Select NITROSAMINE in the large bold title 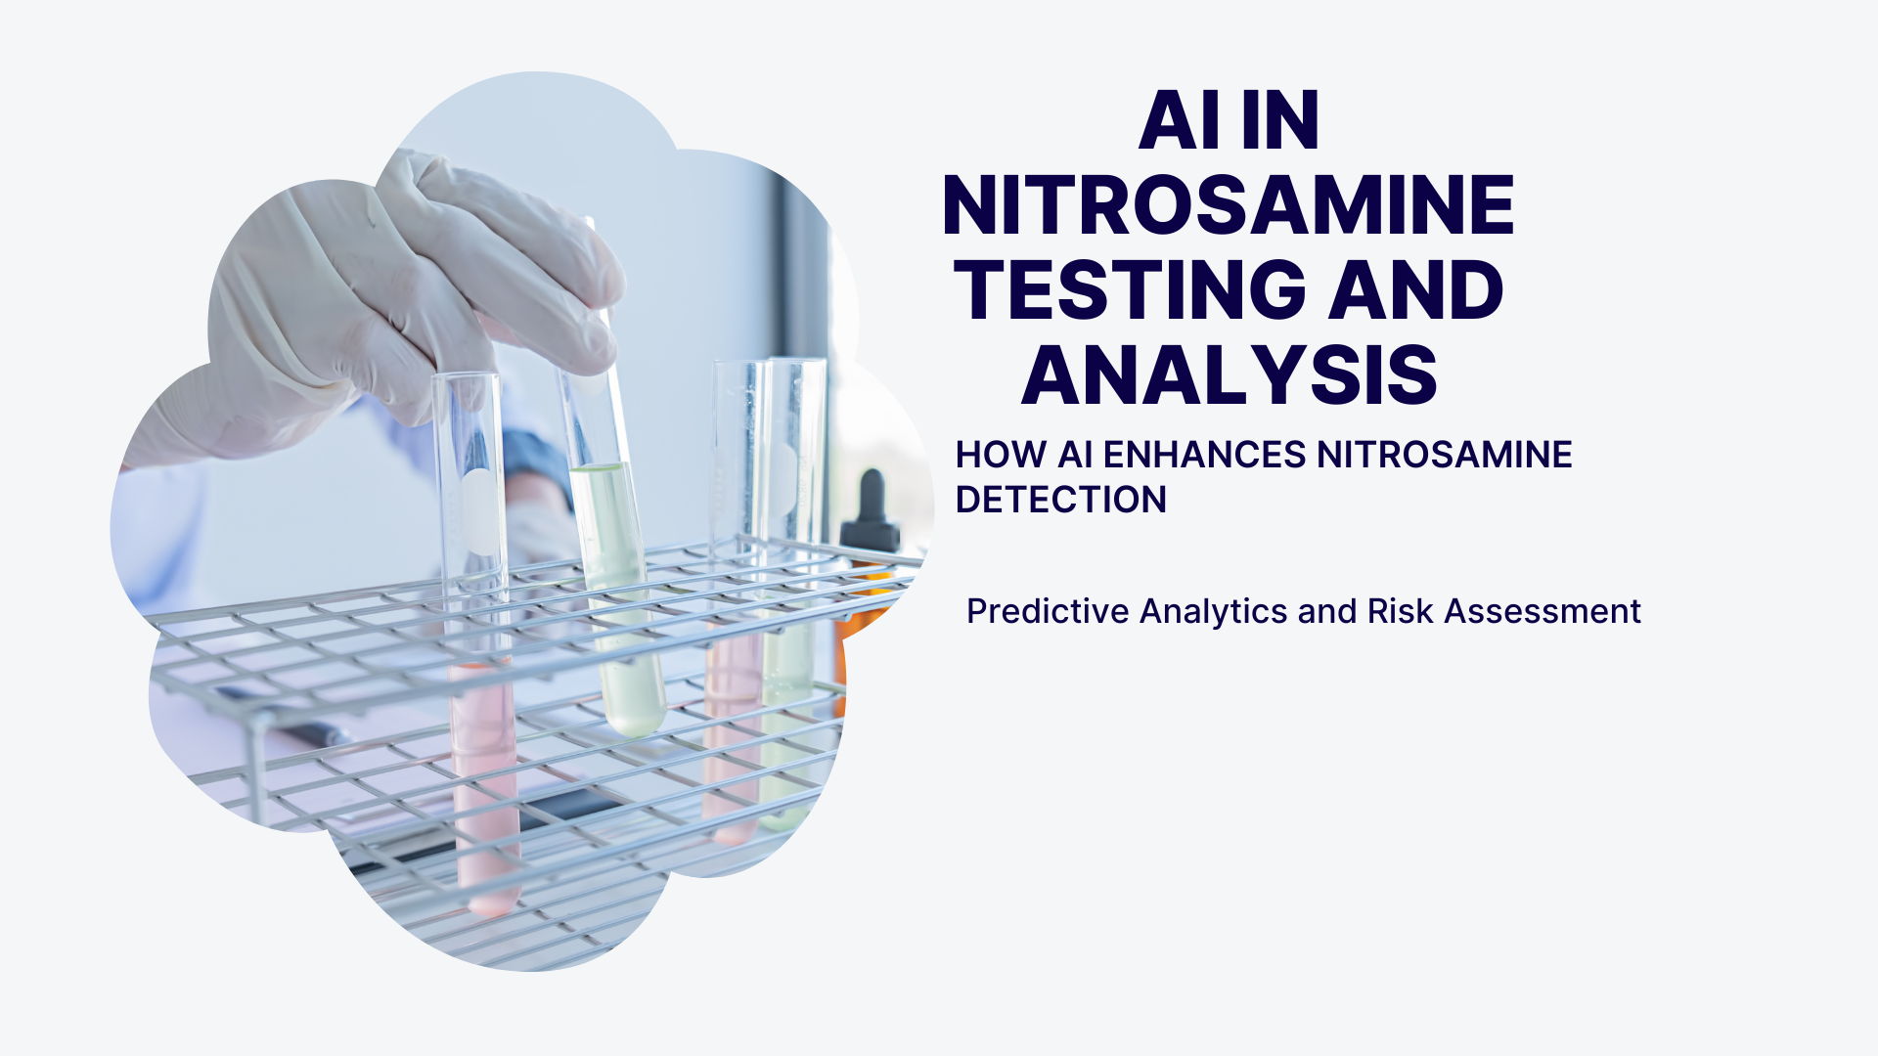(1229, 205)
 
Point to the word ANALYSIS (1230, 375)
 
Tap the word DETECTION (1061, 500)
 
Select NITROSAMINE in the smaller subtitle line (1445, 455)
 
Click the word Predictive (1049, 611)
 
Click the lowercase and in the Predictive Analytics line (1327, 611)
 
